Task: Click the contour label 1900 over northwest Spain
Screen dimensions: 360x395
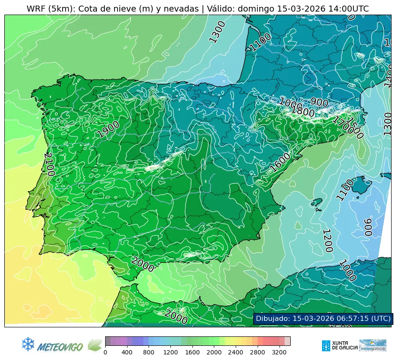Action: (x=108, y=129)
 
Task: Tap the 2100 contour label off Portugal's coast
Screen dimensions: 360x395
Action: (x=50, y=164)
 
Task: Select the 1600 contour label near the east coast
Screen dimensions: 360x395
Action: (x=281, y=162)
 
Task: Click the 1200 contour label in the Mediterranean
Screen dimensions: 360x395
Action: (x=328, y=241)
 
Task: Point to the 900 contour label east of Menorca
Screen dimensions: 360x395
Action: (x=368, y=227)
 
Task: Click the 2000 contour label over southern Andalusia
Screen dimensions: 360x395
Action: (x=143, y=264)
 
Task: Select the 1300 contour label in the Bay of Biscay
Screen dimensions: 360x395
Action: (x=217, y=32)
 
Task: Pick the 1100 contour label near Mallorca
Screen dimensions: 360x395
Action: (x=345, y=189)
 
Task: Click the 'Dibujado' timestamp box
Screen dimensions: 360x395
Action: (x=323, y=318)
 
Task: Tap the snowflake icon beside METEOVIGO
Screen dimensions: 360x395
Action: (x=28, y=344)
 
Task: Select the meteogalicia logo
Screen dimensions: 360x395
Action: (x=373, y=345)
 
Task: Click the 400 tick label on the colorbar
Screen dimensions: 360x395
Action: (x=127, y=353)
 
